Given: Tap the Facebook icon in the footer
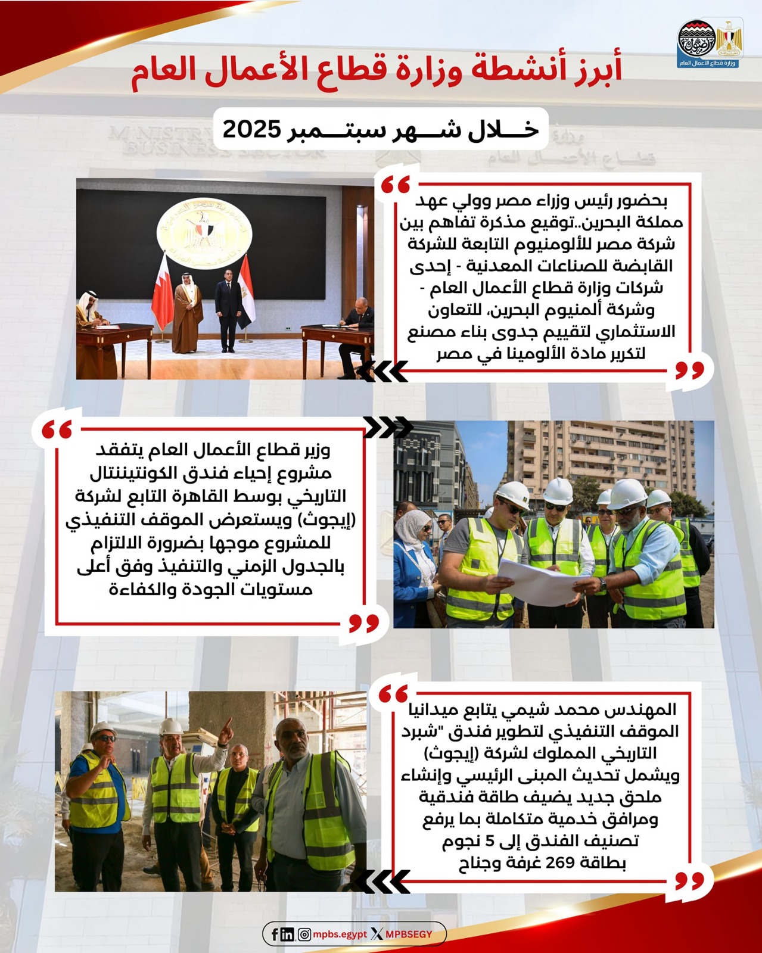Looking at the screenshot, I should (x=275, y=934).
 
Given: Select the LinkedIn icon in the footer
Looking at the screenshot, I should (x=287, y=934).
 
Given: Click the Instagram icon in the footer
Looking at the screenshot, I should (x=304, y=934).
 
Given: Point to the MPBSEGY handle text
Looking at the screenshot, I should (x=409, y=934).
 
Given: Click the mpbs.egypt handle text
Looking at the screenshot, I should (x=340, y=934).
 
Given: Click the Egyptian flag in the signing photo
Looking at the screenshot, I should (x=245, y=292).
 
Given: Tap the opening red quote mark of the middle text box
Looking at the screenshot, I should (x=58, y=429).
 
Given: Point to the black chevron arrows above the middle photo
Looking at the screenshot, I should (x=388, y=426).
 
